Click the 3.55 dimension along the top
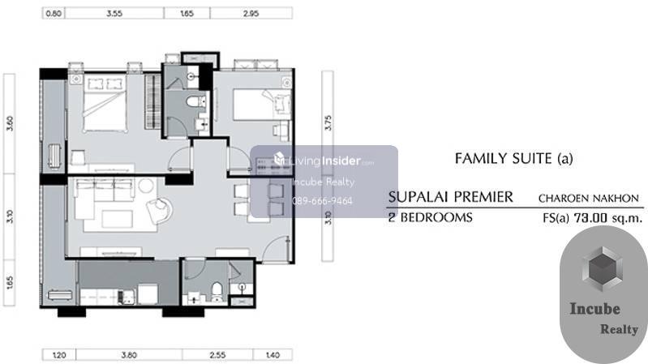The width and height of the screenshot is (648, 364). pos(114,13)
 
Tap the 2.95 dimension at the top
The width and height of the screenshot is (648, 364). pos(251,13)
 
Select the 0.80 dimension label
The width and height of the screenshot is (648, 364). pos(54,13)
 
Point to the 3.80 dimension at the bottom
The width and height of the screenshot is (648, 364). pos(129,355)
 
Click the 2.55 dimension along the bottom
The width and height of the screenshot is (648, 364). pos(217,355)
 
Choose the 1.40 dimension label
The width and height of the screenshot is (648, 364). pos(273,355)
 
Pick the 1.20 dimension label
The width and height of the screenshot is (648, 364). pos(59,355)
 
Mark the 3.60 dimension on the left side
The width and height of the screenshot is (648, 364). pos(10,123)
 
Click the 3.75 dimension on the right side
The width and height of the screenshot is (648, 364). pos(328,122)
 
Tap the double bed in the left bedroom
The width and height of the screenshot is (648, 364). pos(105,104)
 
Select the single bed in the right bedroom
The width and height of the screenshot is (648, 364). pos(262,105)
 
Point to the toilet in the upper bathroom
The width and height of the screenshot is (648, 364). pos(195,101)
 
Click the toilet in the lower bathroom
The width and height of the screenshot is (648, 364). pos(217,291)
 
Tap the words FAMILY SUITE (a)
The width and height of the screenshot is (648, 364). pos(513,159)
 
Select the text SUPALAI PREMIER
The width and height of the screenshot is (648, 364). pos(450,197)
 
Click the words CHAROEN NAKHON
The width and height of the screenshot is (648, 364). pos(589,199)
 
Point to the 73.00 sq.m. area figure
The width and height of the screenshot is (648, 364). pos(608,218)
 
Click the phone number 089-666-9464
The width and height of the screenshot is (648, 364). pos(322,201)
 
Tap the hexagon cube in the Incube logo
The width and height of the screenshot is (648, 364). pos(602,270)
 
